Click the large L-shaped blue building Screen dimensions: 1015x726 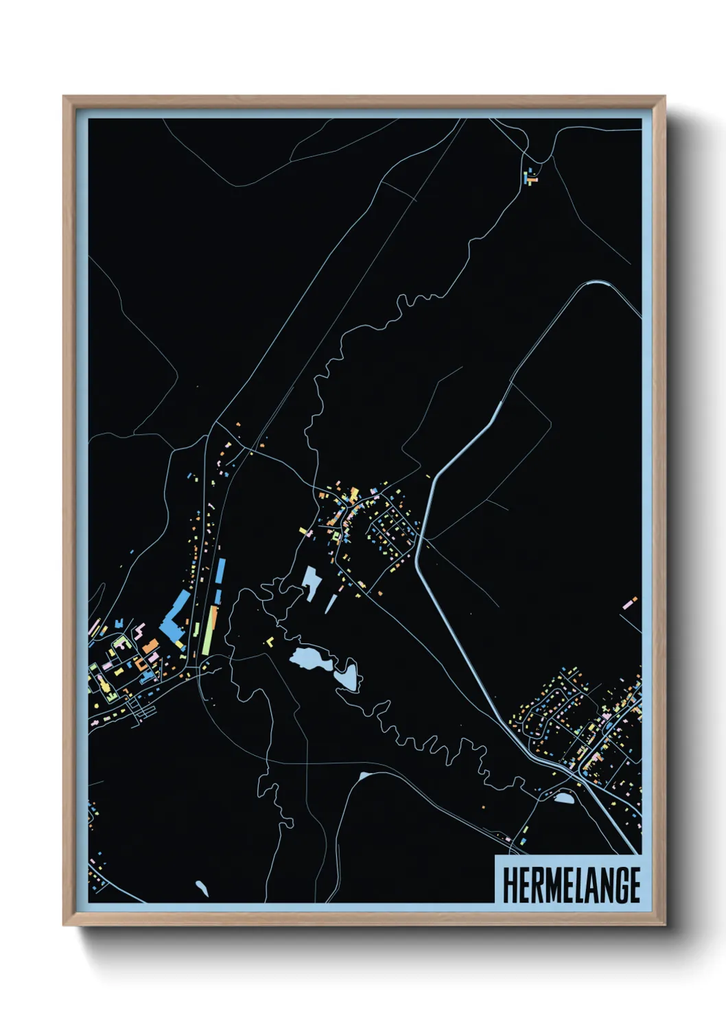174,614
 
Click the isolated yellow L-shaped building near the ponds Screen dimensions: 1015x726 270,641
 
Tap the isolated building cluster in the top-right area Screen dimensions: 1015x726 530,176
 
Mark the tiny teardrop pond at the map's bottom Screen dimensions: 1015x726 200,888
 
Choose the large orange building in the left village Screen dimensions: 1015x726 150,645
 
